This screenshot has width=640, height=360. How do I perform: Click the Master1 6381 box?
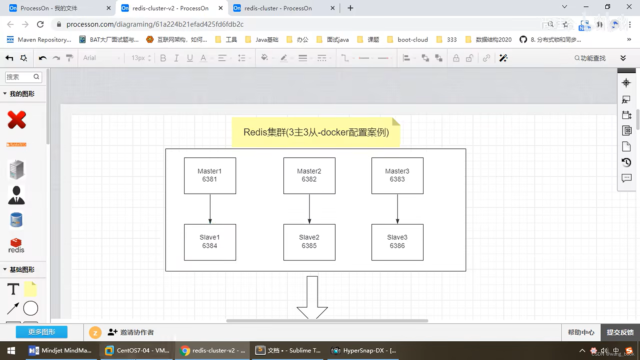210,176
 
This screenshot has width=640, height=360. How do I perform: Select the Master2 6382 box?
309,176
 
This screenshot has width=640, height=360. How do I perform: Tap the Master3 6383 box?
397,176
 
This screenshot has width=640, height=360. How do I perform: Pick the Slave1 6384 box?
210,242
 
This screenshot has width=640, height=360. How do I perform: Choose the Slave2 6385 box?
309,242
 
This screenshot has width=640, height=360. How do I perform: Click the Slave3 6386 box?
397,242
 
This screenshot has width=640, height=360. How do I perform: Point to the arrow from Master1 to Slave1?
210,208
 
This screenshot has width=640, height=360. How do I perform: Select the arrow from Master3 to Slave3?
397,208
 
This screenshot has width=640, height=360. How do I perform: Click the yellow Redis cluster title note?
316,132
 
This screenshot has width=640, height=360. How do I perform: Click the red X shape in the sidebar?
17,120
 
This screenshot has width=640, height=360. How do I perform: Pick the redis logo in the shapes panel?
16,246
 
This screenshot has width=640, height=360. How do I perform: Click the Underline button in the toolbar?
190,58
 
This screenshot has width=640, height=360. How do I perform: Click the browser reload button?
40,24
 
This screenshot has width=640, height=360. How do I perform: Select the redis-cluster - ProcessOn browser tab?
278,8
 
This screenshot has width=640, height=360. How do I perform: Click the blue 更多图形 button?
42,332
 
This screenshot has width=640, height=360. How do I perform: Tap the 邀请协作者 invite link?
131,332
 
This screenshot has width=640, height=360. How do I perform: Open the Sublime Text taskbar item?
289,350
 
